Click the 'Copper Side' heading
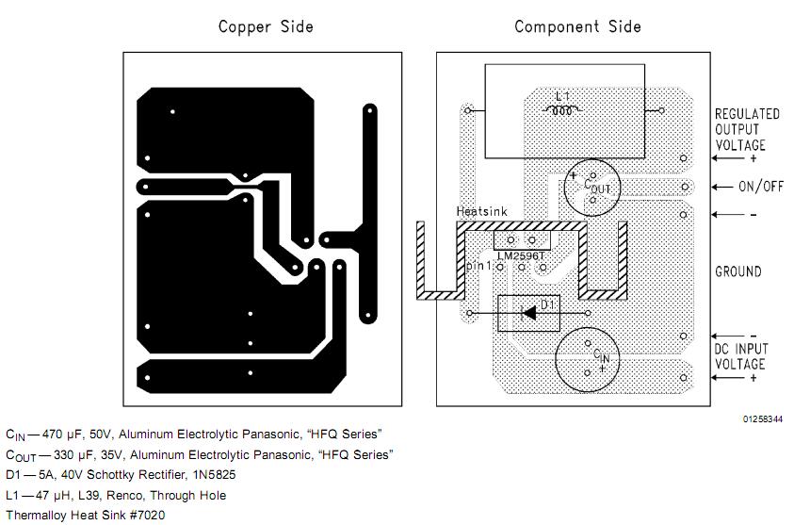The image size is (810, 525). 266,27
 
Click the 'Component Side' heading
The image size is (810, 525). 577,27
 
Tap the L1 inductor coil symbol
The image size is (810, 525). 562,110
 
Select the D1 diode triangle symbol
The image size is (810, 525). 529,313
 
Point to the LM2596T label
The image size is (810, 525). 521,255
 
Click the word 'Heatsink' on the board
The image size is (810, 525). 481,211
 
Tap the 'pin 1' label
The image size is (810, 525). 478,266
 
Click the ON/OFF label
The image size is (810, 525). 761,186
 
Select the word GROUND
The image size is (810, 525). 738,271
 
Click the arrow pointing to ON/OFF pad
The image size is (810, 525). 722,187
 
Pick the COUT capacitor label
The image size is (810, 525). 597,187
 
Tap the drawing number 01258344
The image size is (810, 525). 763,418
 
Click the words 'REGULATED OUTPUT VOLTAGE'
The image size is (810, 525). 747,129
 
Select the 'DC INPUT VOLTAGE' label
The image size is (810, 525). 741,356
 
